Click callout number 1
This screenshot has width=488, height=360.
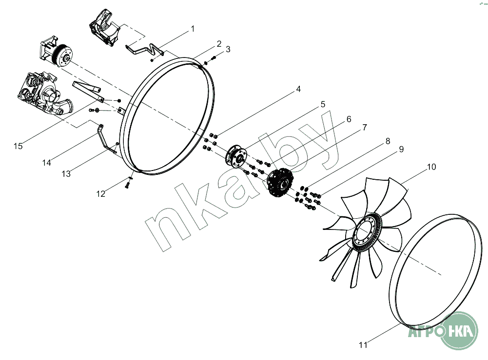pyautogui.click(x=193, y=29)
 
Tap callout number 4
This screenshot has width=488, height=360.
pyautogui.click(x=298, y=89)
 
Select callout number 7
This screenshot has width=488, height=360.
pyautogui.click(x=365, y=128)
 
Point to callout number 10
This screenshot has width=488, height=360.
pyautogui.click(x=431, y=167)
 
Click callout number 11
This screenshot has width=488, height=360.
pyautogui.click(x=363, y=345)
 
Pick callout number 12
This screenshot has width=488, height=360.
pyautogui.click(x=101, y=194)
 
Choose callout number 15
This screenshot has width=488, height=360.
pyautogui.click(x=18, y=146)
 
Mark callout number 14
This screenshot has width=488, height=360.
pyautogui.click(x=47, y=163)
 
